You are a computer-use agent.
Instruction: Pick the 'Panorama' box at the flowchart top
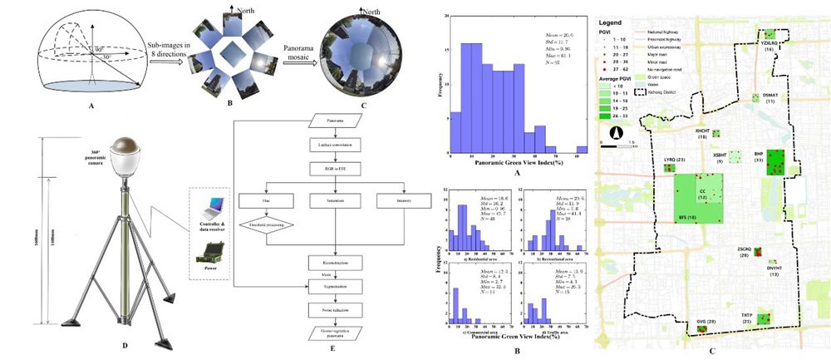pyautogui.click(x=336, y=122)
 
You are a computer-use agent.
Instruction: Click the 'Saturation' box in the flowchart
pyautogui.click(x=336, y=200)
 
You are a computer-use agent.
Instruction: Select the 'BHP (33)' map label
pyautogui.click(x=758, y=156)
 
